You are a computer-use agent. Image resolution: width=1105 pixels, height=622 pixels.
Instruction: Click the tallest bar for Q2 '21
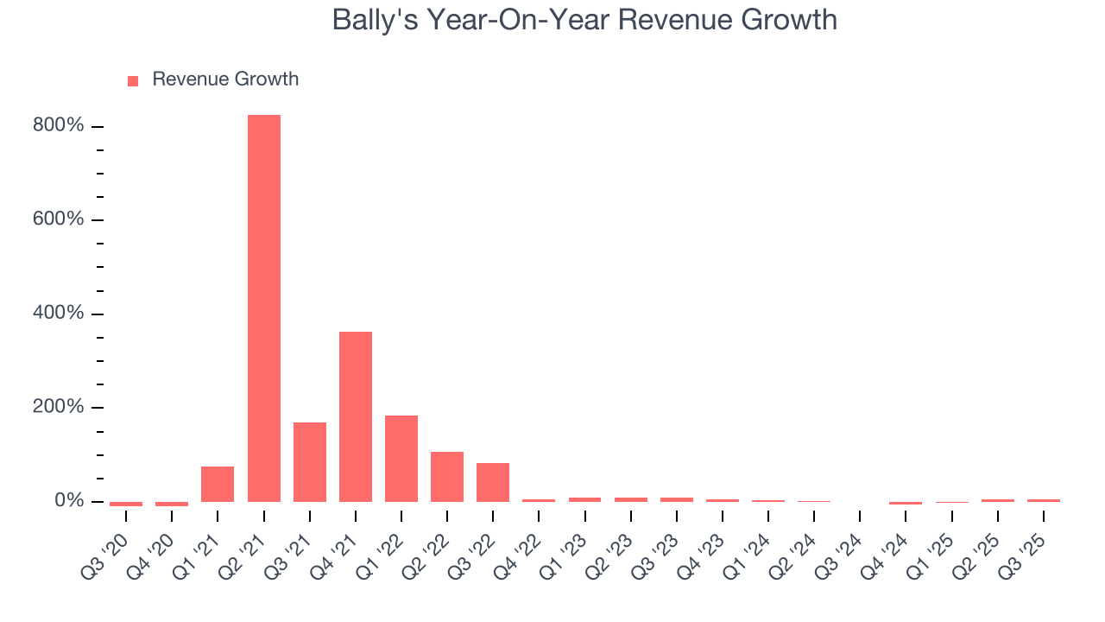pos(263,308)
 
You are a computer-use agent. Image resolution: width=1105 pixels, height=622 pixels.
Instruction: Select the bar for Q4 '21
pos(355,416)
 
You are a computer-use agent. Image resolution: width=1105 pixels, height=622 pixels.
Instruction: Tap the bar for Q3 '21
pos(309,461)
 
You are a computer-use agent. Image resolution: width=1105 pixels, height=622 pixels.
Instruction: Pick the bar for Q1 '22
pos(401,458)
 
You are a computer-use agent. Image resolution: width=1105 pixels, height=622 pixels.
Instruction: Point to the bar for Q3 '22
pos(492,482)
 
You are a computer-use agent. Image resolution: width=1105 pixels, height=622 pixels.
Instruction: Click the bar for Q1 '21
pos(218,484)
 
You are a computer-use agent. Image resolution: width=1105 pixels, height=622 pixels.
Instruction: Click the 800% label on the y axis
pos(60,126)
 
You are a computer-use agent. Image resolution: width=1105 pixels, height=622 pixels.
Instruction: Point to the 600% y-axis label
pos(60,219)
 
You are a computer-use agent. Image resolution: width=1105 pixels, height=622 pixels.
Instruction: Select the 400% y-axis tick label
pos(60,314)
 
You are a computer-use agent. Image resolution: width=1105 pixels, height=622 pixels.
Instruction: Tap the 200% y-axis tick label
pos(60,407)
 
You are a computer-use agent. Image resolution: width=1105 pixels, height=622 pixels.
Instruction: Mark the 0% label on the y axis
pos(68,501)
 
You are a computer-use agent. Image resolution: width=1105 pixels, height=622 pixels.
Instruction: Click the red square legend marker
pos(133,80)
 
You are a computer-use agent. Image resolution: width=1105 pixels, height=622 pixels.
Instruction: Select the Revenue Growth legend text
pos(225,79)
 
